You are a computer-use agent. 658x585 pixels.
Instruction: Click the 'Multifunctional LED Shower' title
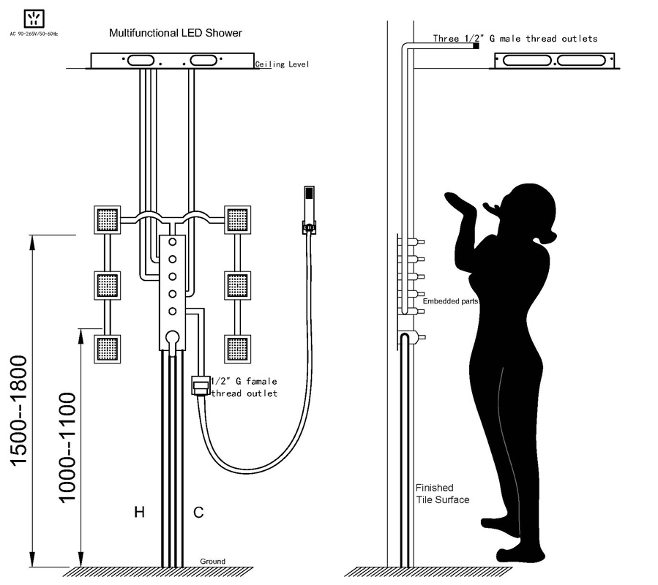pyautogui.click(x=176, y=33)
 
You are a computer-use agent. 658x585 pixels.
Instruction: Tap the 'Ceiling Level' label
pyautogui.click(x=282, y=64)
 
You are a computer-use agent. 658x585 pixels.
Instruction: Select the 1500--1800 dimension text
pyautogui.click(x=19, y=410)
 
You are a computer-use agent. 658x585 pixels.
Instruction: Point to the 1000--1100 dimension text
pyautogui.click(x=67, y=448)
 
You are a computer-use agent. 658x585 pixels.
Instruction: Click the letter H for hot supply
pyautogui.click(x=139, y=512)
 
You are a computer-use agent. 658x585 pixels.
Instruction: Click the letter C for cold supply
pyautogui.click(x=198, y=512)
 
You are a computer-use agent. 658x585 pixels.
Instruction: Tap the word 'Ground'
pyautogui.click(x=212, y=561)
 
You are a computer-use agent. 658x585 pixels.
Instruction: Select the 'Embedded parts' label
pyautogui.click(x=450, y=301)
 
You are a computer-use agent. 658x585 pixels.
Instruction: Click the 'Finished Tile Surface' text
pyautogui.click(x=442, y=494)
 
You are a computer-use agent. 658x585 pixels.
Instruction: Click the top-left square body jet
pyautogui.click(x=107, y=220)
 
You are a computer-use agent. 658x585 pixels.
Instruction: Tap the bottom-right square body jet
pyautogui.click(x=238, y=349)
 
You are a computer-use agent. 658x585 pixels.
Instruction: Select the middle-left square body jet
pyautogui.click(x=107, y=286)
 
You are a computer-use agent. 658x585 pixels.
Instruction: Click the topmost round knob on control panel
pyautogui.click(x=172, y=242)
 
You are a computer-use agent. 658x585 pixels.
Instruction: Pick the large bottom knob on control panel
pyautogui.click(x=173, y=337)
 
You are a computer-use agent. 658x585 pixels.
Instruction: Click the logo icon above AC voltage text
pyautogui.click(x=34, y=18)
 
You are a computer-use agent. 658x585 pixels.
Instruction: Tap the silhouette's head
pyautogui.click(x=531, y=209)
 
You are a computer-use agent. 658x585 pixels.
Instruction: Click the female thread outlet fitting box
pyautogui.click(x=201, y=385)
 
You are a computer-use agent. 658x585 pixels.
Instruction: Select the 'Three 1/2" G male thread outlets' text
pyautogui.click(x=515, y=39)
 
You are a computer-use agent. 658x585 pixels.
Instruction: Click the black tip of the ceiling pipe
pyautogui.click(x=476, y=45)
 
